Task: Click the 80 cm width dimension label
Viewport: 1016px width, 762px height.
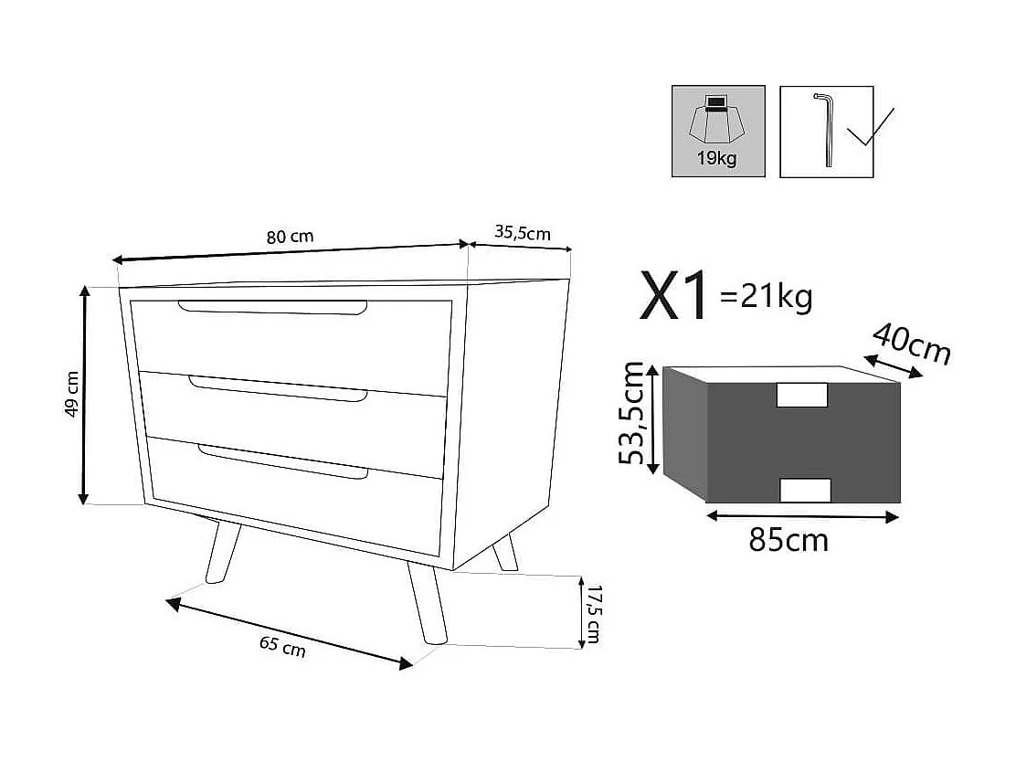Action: coord(290,237)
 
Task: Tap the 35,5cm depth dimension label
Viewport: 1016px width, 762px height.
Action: coord(523,232)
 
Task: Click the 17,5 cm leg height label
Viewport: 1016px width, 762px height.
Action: coord(594,613)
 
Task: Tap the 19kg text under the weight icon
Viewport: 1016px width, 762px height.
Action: coord(717,158)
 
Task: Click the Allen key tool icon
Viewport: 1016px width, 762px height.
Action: coord(826,129)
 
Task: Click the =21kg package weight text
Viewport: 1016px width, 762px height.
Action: coord(766,296)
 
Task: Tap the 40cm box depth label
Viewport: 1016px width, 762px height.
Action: coord(911,343)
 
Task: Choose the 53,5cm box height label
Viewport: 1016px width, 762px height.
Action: coord(633,413)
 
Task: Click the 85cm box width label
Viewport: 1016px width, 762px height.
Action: coord(788,540)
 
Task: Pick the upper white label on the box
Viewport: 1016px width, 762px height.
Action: coord(801,395)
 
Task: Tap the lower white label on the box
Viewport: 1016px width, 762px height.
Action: coord(805,490)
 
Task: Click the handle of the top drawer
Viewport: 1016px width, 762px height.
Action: coord(273,308)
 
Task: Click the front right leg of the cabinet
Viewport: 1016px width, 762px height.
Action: coord(426,606)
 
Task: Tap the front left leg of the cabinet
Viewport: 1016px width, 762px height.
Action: coord(221,551)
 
